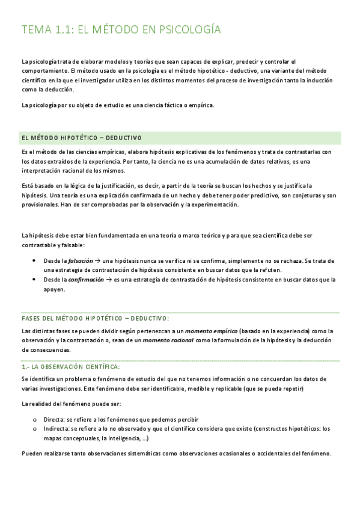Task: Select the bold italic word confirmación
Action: click(x=87, y=280)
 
